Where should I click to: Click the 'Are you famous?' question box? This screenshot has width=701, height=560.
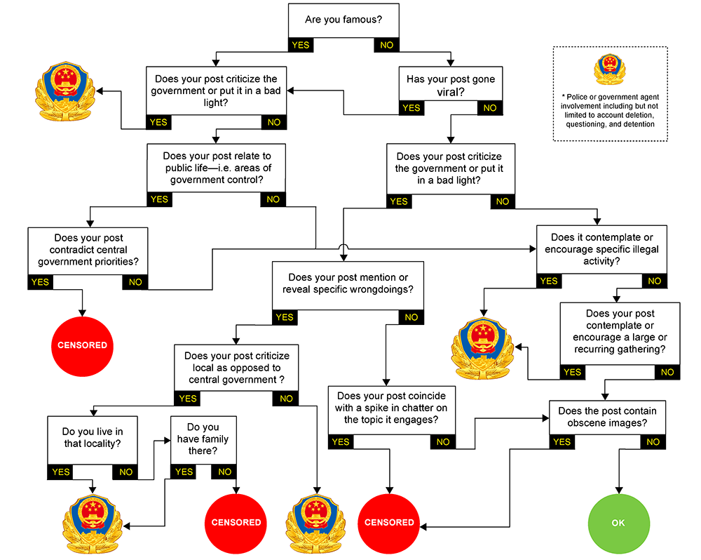pyautogui.click(x=343, y=20)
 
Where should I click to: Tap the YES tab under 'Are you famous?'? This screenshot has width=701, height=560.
pyautogui.click(x=300, y=45)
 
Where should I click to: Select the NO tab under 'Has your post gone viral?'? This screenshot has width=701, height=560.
pyautogui.click(x=490, y=108)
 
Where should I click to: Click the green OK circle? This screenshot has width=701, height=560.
pyautogui.click(x=618, y=522)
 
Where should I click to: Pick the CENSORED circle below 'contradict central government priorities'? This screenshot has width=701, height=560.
pyautogui.click(x=83, y=345)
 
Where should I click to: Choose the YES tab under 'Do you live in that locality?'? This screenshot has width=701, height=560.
pyautogui.click(x=61, y=472)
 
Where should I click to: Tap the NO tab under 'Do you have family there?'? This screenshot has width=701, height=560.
pyautogui.click(x=224, y=472)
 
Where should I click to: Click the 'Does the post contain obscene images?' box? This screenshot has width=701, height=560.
pyautogui.click(x=607, y=417)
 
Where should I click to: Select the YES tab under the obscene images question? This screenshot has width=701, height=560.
pyautogui.click(x=562, y=442)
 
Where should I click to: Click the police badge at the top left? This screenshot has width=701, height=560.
pyautogui.click(x=64, y=91)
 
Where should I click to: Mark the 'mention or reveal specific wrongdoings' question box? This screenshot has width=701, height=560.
pyautogui.click(x=348, y=283)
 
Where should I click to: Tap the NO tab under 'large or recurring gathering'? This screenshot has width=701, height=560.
pyautogui.click(x=667, y=372)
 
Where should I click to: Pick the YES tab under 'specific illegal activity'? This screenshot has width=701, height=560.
pyautogui.click(x=549, y=281)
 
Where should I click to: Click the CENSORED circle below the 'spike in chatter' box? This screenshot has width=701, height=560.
pyautogui.click(x=389, y=522)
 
